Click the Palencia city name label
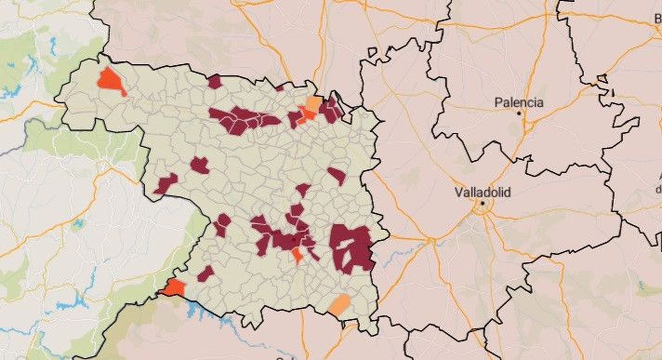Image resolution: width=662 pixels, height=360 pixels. (x=519, y=102)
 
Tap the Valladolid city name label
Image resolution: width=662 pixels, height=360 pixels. (x=482, y=192)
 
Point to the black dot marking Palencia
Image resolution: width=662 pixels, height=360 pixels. (x=519, y=113)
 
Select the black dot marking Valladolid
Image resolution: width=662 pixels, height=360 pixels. (x=482, y=204)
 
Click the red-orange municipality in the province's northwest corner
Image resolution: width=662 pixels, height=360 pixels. (x=110, y=80)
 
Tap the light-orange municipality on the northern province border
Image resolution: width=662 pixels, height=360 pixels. (x=314, y=103)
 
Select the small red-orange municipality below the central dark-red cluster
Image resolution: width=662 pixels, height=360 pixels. (x=297, y=254)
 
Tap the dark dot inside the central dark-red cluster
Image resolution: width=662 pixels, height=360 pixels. (x=294, y=239)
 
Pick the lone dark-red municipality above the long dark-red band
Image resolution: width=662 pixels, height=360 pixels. (x=214, y=82)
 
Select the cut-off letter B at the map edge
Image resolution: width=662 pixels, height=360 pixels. (x=658, y=19)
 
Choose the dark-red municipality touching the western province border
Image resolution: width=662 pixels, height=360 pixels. (x=166, y=183)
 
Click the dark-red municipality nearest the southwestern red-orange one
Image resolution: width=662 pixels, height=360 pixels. (x=205, y=274)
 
